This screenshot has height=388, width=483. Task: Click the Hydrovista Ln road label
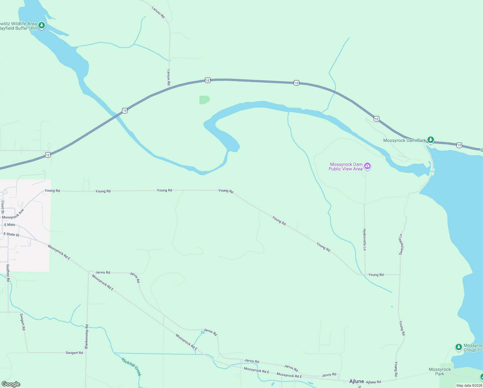click(x=365, y=240)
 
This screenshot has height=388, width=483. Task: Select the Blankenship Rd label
click(x=87, y=337)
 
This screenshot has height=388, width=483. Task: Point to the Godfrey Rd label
click(x=8, y=273)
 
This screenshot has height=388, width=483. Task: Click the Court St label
click(x=3, y=207)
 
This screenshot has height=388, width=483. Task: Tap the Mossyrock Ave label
click(x=13, y=214)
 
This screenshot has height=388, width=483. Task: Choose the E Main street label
click(x=10, y=225)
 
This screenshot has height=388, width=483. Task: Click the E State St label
click(x=12, y=234)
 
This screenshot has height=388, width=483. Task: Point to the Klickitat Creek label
click(x=131, y=367)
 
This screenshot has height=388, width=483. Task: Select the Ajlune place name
click(x=356, y=382)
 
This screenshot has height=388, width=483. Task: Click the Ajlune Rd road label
click(x=374, y=382)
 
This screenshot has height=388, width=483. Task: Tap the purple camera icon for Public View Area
click(x=367, y=167)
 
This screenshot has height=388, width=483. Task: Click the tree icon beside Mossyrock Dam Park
click(x=430, y=140)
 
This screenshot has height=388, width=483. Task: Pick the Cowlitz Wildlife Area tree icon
click(x=41, y=25)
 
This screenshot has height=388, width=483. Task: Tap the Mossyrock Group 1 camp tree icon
click(x=458, y=347)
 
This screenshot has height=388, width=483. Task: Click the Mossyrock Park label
click(x=440, y=372)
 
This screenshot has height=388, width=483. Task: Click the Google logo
click(x=11, y=384)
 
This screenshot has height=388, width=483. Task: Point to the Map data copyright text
click(x=469, y=385)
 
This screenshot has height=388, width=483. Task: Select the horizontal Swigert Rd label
click(x=74, y=353)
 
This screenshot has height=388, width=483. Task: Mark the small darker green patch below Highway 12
click(x=204, y=100)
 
